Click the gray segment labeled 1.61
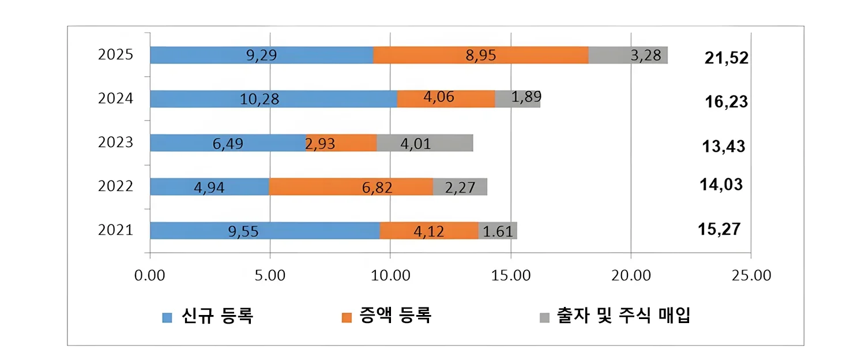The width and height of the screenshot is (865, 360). [497, 231]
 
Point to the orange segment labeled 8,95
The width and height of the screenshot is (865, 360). [481, 55]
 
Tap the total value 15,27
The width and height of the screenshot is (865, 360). [719, 229]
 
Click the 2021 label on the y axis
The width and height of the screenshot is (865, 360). [115, 231]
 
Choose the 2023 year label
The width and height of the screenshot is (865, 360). [115, 143]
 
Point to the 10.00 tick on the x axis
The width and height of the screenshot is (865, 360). [390, 275]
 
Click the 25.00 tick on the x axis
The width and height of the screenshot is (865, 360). [751, 275]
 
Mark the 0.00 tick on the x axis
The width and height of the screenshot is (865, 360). [150, 275]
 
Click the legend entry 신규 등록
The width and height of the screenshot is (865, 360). [217, 317]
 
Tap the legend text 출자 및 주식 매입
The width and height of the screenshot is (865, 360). [623, 317]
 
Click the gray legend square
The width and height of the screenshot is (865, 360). [543, 317]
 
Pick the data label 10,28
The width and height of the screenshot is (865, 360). [259, 99]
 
